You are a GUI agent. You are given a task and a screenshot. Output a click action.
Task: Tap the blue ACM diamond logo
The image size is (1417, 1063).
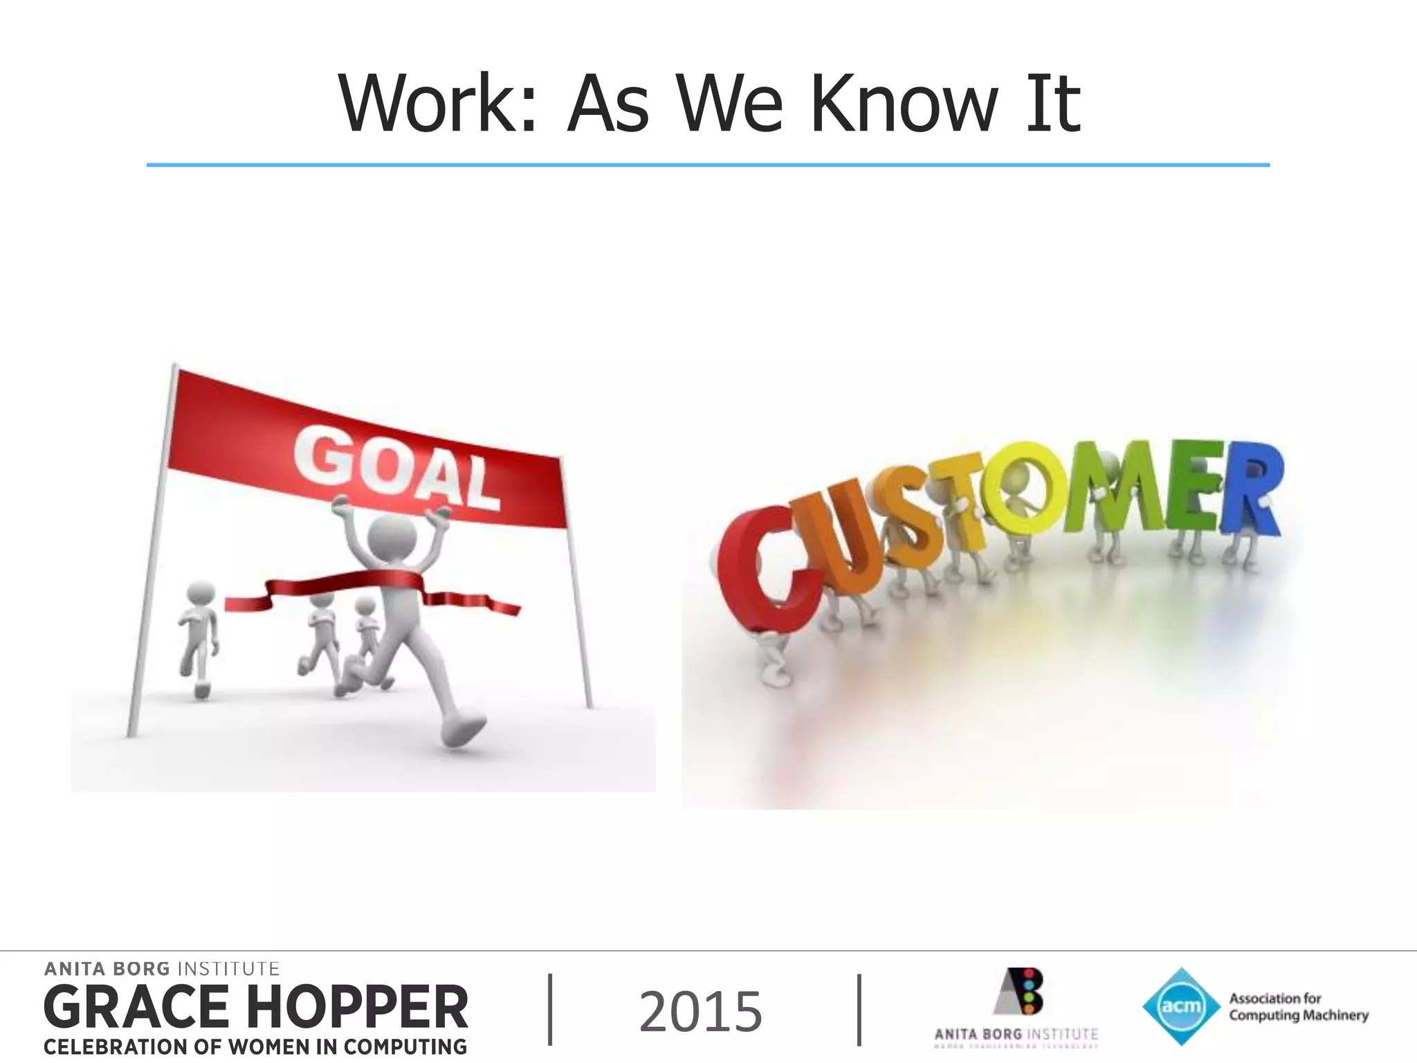(1180, 1006)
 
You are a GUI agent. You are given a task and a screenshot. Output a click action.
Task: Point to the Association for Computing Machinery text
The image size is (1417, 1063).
(1298, 1007)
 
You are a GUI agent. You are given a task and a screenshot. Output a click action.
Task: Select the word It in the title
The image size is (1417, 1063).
(1053, 104)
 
